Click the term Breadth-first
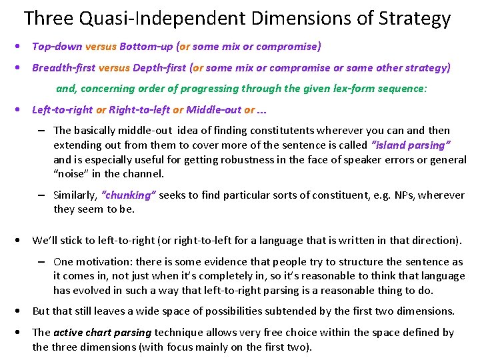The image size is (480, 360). tap(63, 67)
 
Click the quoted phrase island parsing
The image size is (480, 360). tap(411, 145)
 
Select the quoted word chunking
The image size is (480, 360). tap(129, 195)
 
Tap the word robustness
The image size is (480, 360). tap(261, 159)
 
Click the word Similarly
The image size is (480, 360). tap(75, 195)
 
